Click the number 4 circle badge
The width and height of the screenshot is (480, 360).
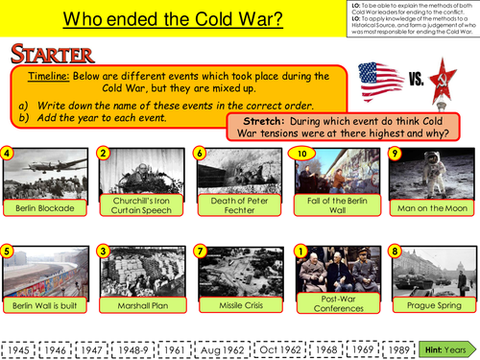click(8, 152)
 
